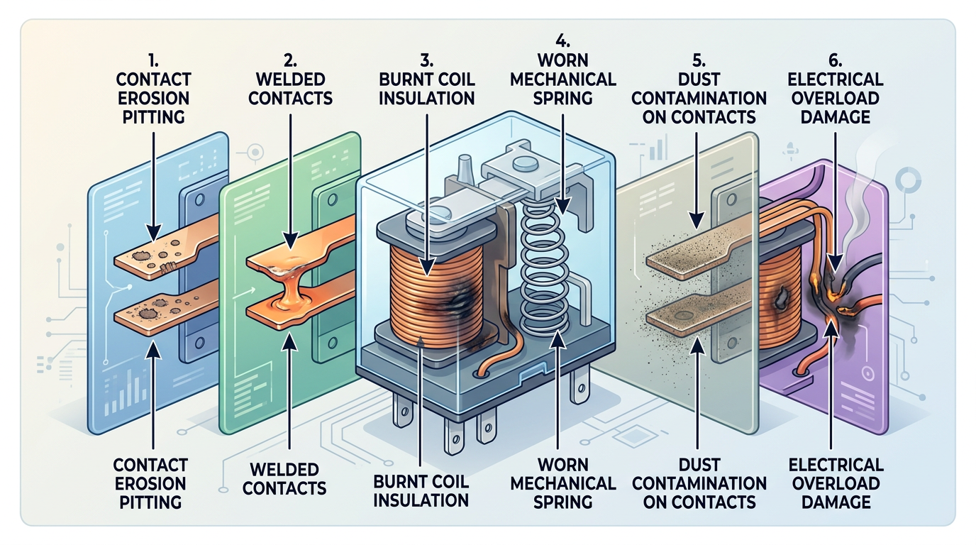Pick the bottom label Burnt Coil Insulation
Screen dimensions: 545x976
tap(422, 490)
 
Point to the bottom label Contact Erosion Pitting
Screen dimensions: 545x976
tap(150, 483)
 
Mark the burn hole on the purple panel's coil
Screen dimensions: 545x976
tap(783, 296)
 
